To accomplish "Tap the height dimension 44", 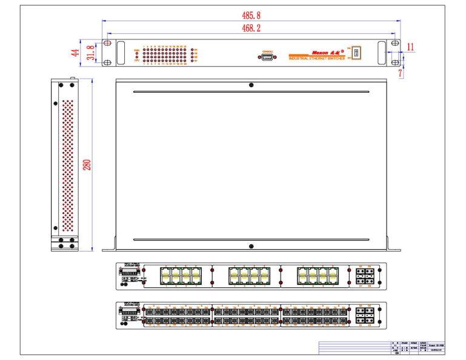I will point(76,52).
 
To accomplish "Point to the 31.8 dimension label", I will point(90,52).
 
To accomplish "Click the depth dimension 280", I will point(87,164).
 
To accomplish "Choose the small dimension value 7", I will point(400,73).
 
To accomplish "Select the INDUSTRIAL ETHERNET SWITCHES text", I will point(316,58).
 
